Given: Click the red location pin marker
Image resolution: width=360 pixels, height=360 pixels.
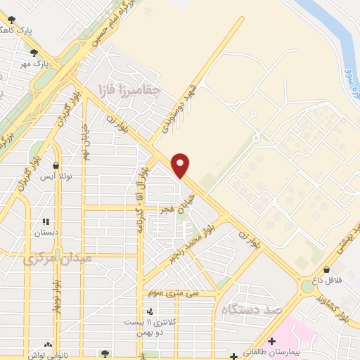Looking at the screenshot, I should (x=181, y=165).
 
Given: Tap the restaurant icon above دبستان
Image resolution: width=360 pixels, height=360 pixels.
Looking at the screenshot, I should (x=46, y=221).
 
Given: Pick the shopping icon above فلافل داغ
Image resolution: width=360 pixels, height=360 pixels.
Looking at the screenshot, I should (x=327, y=269).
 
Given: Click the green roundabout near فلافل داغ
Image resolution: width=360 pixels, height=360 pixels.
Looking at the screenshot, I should (x=307, y=287).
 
